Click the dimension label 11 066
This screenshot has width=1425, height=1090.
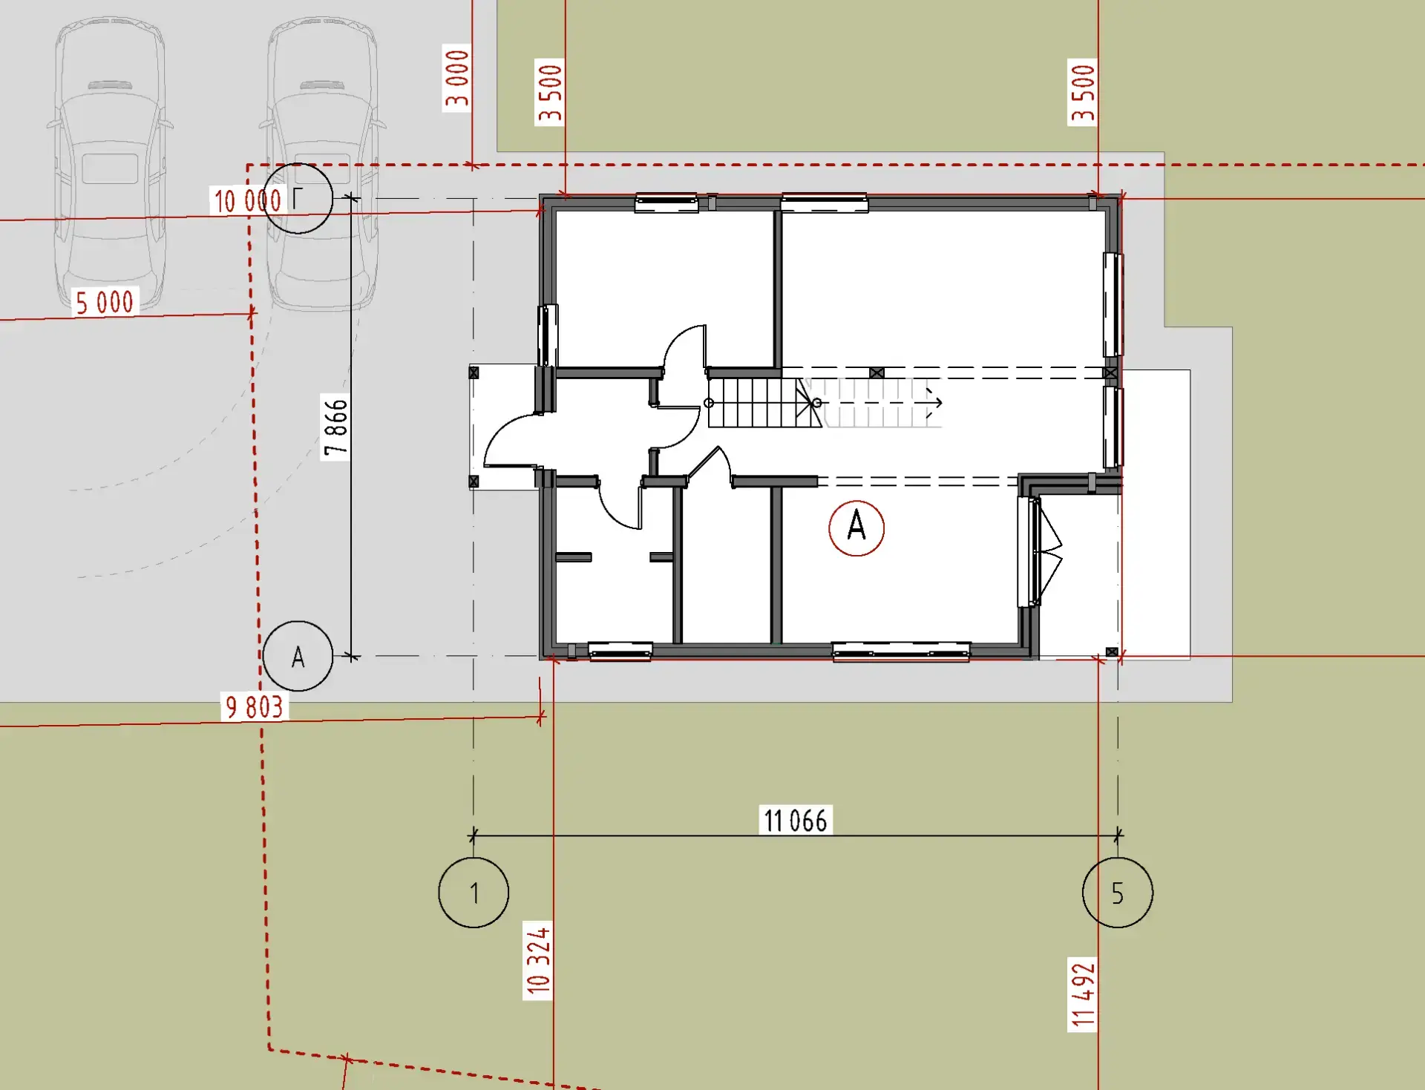click(x=796, y=821)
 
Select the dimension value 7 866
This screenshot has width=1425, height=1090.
click(x=335, y=427)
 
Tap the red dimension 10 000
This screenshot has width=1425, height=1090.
click(x=247, y=200)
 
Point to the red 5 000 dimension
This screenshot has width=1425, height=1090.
click(x=105, y=303)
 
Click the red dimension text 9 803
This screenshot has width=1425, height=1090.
click(x=254, y=706)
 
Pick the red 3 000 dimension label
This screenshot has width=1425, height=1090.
click(x=457, y=78)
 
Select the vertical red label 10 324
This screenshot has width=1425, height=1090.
click(x=538, y=960)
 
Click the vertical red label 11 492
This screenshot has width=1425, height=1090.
click(x=1083, y=995)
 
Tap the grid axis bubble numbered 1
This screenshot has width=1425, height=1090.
click(x=474, y=892)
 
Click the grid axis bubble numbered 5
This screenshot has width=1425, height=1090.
click(x=1118, y=892)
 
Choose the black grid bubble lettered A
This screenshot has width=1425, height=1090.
click(x=298, y=656)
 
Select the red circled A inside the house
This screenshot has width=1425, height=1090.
click(x=856, y=528)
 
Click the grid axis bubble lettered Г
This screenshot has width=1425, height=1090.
click(x=298, y=198)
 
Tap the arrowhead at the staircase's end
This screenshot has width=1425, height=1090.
click(x=937, y=403)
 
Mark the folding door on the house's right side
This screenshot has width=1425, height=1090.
click(x=1050, y=551)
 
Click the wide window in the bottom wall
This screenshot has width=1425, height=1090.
click(x=901, y=651)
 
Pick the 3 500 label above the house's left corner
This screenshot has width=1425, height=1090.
click(x=550, y=92)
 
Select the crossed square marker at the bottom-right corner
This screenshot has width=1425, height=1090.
click(x=1112, y=652)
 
